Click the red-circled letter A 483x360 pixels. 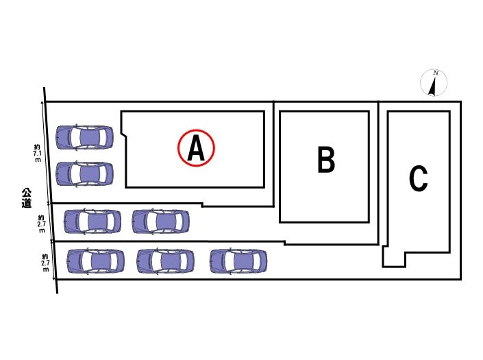pos(197,147)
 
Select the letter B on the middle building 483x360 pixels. pos(326,161)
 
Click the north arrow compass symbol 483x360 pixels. pos(433,84)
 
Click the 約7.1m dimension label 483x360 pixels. pos(37,152)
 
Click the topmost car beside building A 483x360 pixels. pos(84,137)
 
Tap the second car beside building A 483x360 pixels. pos(84,174)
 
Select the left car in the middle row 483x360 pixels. pos(92,221)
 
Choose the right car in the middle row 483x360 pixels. pos(160,221)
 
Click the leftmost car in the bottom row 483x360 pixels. pos(96,261)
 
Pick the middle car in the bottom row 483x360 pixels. pos(165,261)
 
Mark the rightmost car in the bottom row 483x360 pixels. pos(238,261)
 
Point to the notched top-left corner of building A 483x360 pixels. pos(124,125)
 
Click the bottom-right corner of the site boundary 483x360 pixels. pos(460,279)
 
